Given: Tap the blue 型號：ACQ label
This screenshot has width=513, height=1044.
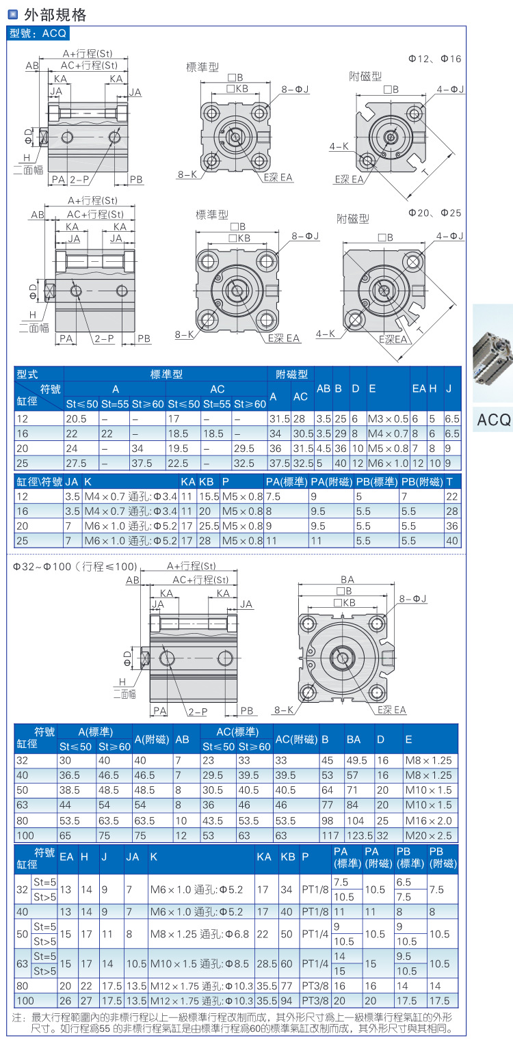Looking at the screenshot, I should point(38,33).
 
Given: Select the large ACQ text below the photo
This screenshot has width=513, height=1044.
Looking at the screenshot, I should point(493,419).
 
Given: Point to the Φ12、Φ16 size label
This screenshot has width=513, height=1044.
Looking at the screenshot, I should point(435,59).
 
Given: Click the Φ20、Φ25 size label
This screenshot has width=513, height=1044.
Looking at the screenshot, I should point(435,213).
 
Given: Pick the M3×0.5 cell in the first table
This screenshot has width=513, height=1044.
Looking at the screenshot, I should point(388,418).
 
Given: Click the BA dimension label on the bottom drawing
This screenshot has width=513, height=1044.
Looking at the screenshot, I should point(347,579).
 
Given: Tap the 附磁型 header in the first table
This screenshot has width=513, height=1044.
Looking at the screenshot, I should point(291,375).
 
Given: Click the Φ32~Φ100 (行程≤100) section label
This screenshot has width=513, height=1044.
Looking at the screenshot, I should point(75,567).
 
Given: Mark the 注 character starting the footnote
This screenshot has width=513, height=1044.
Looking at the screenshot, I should point(18,1017).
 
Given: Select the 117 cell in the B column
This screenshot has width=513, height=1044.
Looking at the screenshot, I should point(330,835).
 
